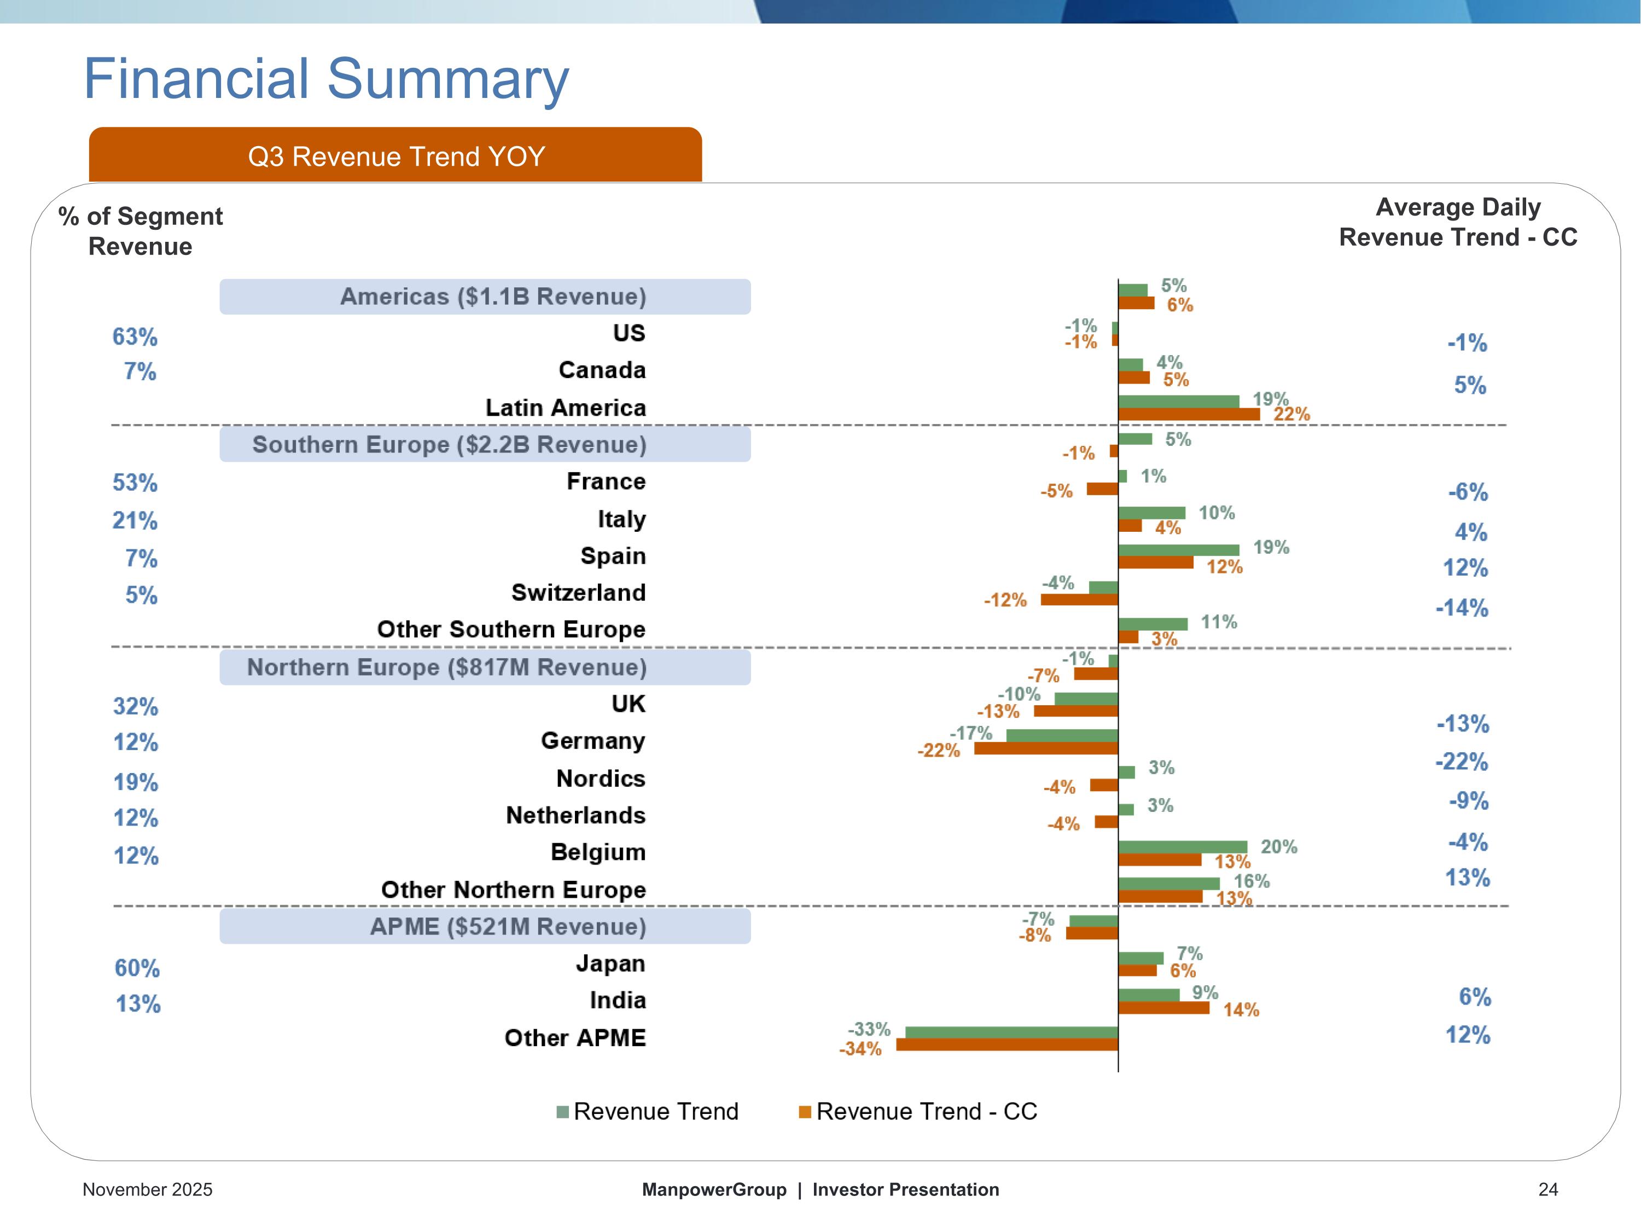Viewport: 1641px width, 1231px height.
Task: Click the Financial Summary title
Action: pyautogui.click(x=327, y=79)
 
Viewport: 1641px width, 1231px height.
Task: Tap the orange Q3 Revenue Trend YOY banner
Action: pyautogui.click(x=395, y=156)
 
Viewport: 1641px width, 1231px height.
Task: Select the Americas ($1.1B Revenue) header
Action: pyautogui.click(x=485, y=297)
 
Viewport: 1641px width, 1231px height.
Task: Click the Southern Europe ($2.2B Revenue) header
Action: pyautogui.click(x=485, y=444)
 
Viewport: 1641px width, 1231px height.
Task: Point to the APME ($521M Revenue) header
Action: pyautogui.click(x=485, y=927)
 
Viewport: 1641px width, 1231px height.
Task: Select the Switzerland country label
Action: pyautogui.click(x=578, y=592)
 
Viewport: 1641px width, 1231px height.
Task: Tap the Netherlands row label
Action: pyautogui.click(x=575, y=815)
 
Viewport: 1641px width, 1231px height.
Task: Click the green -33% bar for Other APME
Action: pyautogui.click(x=1011, y=1032)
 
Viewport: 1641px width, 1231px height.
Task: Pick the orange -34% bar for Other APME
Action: pyautogui.click(x=1006, y=1045)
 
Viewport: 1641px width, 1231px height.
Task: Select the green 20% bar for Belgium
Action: pyautogui.click(x=1183, y=846)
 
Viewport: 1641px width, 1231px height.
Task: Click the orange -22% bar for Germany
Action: pyautogui.click(x=1046, y=748)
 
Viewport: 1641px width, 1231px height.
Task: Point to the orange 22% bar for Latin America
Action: pyautogui.click(x=1189, y=414)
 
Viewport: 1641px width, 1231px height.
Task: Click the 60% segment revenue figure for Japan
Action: pyautogui.click(x=137, y=968)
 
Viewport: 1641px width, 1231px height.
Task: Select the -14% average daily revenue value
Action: pyautogui.click(x=1462, y=608)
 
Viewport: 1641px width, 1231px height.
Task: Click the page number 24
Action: pyautogui.click(x=1547, y=1189)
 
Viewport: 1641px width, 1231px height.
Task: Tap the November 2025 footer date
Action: pyautogui.click(x=147, y=1189)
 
